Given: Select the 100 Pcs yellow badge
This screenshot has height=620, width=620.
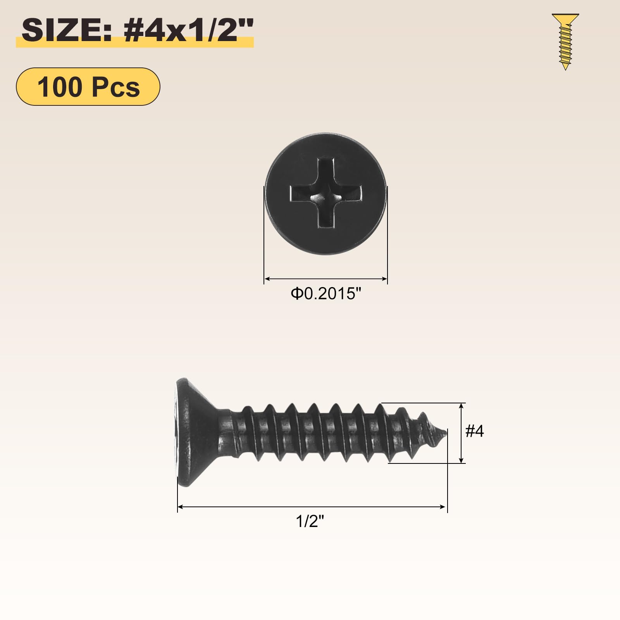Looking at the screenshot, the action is click(x=88, y=86).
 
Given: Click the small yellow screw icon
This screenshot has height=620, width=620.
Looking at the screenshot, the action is click(x=565, y=42).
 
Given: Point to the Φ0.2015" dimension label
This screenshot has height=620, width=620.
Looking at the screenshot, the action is click(x=325, y=294).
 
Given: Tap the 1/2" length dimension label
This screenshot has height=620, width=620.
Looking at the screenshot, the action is click(x=310, y=521).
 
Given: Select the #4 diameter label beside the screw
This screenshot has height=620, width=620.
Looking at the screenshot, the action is click(x=474, y=431).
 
